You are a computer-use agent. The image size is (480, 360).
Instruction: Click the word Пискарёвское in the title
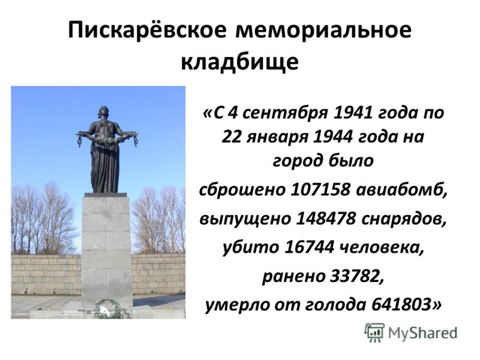(148, 31)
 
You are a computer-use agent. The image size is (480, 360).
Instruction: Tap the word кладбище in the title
(239, 63)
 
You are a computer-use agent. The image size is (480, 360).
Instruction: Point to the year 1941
(352, 113)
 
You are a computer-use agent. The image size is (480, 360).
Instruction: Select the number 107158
(320, 190)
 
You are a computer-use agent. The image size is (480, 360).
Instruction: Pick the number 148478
(326, 218)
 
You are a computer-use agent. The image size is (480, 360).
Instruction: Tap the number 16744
(308, 247)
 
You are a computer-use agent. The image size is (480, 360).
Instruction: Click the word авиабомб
(401, 190)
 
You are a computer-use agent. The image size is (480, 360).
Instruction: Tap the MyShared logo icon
(374, 332)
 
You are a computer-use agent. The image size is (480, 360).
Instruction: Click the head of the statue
(103, 112)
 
